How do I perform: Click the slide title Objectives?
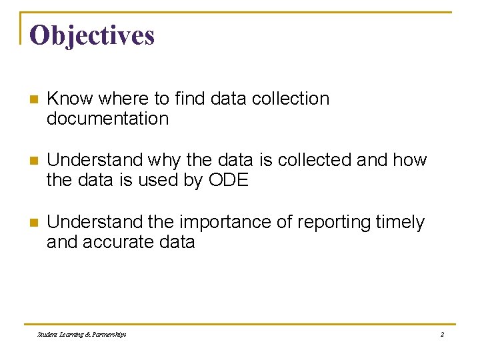(92, 35)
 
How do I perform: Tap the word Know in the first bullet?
(70, 99)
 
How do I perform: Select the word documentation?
(107, 119)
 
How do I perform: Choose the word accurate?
(117, 241)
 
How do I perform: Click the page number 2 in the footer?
(441, 334)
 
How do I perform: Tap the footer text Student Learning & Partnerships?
(82, 334)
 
